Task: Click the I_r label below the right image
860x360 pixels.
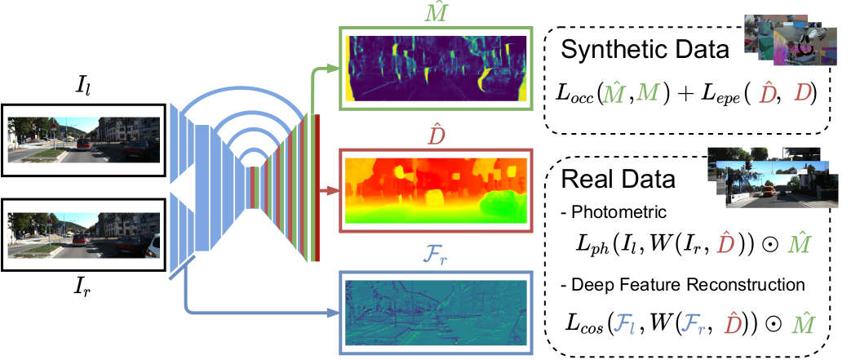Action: [x=84, y=287]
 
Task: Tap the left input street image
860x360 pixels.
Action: [x=84, y=139]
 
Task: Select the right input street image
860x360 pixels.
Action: [x=84, y=233]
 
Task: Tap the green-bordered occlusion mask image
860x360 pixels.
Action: [x=435, y=69]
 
